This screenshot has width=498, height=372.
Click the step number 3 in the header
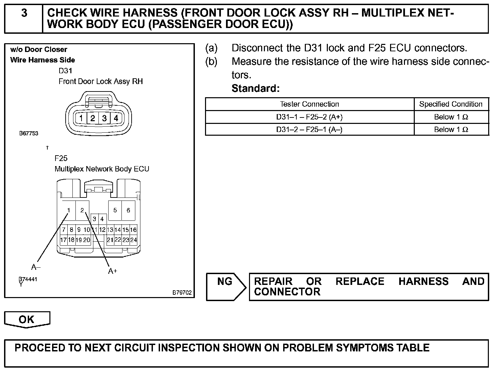[24, 14]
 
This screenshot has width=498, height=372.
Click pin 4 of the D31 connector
[116, 118]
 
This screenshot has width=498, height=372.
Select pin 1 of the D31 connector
[81, 118]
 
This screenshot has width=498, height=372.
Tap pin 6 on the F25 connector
[128, 210]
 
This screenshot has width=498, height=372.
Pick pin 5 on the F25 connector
[115, 210]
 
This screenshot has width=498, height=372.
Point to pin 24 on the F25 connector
[134, 240]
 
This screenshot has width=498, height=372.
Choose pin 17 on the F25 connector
[63, 240]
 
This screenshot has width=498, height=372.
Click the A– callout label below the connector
[36, 267]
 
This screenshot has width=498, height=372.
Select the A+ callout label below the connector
[113, 271]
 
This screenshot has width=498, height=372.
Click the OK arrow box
[27, 319]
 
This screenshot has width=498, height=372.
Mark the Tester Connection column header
[309, 104]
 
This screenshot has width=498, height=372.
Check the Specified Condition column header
[451, 104]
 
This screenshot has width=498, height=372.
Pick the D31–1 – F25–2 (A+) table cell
[309, 117]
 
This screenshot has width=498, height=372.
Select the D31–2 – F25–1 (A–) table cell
[309, 130]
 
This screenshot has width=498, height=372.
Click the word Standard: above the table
[255, 88]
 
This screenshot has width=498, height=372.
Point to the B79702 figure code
[182, 293]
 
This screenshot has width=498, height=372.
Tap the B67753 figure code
[29, 133]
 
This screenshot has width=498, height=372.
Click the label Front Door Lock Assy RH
[100, 81]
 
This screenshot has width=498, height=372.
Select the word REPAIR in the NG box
[273, 282]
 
